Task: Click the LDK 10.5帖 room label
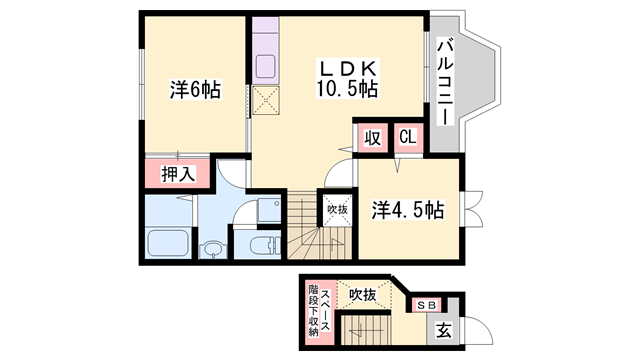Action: [347, 79]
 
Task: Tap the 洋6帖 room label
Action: [196, 89]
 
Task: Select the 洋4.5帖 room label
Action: [408, 210]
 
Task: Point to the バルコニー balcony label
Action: [445, 82]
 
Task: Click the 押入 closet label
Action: [178, 174]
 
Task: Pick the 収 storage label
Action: [372, 138]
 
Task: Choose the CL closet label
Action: [408, 137]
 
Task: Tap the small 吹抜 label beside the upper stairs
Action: [338, 210]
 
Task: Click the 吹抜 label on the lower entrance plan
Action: [362, 294]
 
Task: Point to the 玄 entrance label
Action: [443, 330]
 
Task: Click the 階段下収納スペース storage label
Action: [319, 311]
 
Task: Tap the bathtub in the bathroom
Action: [168, 243]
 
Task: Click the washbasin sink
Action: [212, 248]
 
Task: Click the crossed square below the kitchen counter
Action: [266, 100]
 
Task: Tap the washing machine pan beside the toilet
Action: [269, 210]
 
